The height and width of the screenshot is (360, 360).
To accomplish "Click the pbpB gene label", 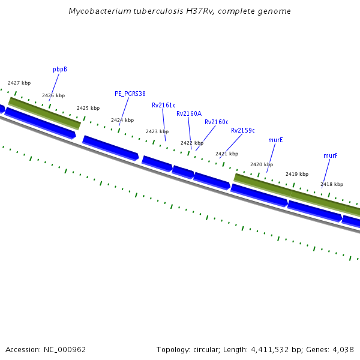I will [60, 70].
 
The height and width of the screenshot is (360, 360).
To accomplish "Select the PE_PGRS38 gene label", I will [130, 94].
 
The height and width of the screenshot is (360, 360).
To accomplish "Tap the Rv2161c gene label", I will [164, 106].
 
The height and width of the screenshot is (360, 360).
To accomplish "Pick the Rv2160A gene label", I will [189, 113].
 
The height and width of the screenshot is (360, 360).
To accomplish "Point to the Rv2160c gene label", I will [217, 122].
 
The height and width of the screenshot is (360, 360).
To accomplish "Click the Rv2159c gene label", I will [243, 131].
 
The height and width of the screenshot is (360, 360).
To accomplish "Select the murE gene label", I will [276, 140].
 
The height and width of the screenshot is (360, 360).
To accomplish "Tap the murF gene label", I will [331, 156].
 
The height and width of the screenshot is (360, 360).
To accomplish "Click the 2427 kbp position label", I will [19, 83].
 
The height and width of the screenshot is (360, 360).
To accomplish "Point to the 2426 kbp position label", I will [53, 96].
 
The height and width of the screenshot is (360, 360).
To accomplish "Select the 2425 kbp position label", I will [88, 108].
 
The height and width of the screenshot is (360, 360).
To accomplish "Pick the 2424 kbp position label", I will [122, 121].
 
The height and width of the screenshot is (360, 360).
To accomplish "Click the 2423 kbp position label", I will [157, 132].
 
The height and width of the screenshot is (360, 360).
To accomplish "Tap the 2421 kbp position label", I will [227, 154].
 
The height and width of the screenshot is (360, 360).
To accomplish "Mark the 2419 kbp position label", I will [297, 174].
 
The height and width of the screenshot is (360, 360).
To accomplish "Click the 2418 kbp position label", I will [332, 185].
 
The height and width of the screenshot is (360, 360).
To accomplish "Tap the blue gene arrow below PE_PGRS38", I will [110, 148].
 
